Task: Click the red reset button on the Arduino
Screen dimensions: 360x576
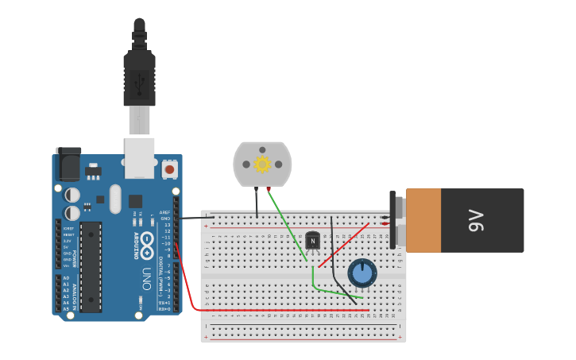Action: point(169,168)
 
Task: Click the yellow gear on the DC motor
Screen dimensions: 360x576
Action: point(262,165)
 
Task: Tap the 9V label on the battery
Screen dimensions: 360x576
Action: point(475,220)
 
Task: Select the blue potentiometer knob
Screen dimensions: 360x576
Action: point(362,273)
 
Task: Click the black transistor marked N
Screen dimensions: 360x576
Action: point(312,239)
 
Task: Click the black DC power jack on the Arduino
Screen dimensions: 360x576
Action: point(68,165)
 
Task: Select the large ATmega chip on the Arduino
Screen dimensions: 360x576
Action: point(91,266)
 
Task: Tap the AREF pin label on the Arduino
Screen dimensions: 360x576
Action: point(165,212)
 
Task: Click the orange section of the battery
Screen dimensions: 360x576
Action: point(423,220)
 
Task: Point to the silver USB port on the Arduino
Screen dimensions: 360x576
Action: point(140,157)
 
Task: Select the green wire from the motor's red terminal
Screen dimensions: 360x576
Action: point(288,226)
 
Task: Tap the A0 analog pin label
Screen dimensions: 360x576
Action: point(65,278)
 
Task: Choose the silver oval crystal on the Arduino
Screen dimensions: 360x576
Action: point(115,199)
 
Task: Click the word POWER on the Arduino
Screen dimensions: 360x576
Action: point(75,258)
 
